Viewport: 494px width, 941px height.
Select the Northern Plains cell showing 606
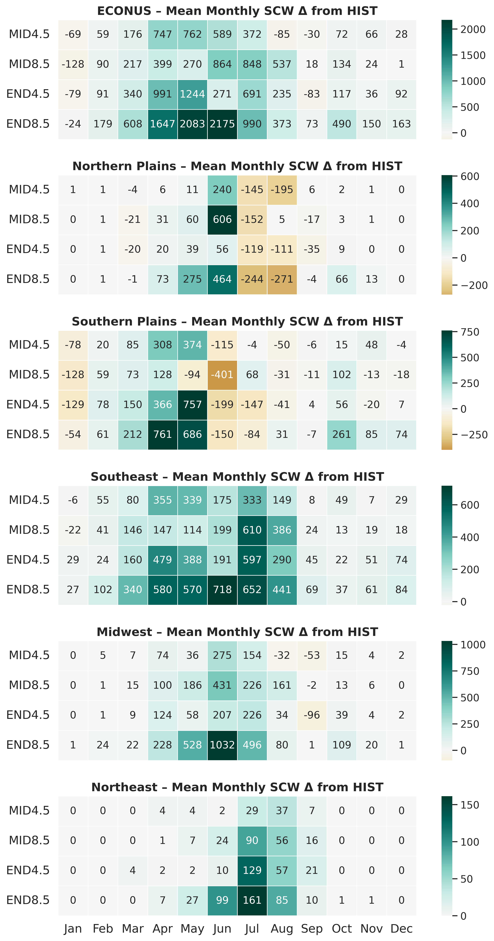[222, 220]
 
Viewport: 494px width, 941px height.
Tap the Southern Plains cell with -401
[222, 375]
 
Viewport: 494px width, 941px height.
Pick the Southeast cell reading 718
[222, 590]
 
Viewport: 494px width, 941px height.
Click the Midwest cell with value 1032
[222, 745]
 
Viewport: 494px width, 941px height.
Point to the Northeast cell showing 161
[252, 900]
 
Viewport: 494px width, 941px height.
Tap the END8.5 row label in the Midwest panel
[28, 745]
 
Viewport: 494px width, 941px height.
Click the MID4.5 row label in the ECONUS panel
[29, 34]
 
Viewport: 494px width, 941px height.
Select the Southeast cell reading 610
[252, 530]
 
